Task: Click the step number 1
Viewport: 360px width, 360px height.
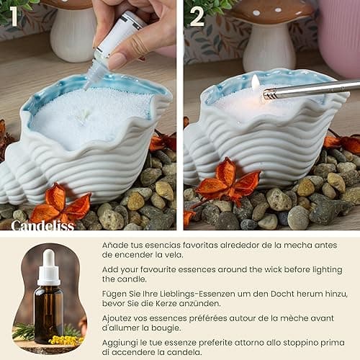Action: coord(14,16)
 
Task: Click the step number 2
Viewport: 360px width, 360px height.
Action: coord(196,16)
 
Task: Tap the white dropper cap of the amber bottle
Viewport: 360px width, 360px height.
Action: coord(48,267)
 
